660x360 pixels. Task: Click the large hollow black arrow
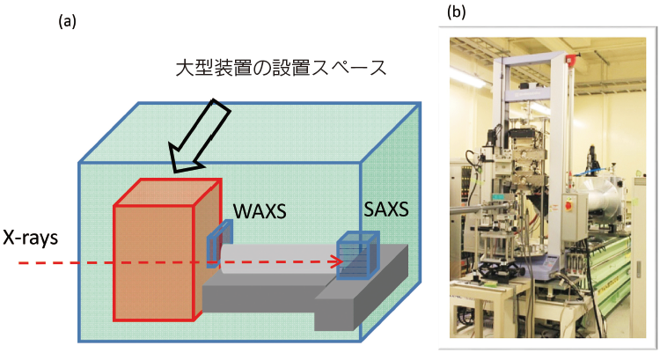(x=200, y=136)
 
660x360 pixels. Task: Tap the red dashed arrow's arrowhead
(x=337, y=261)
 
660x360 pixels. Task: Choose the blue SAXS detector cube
(x=358, y=254)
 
